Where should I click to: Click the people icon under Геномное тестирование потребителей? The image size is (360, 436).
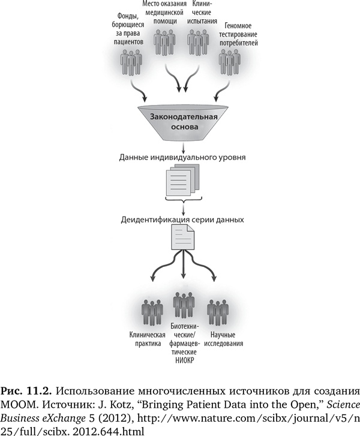(230, 62)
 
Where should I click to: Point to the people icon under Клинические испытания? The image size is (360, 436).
(198, 43)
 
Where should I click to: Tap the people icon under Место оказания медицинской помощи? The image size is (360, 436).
(165, 43)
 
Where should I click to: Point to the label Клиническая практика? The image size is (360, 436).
(147, 338)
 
